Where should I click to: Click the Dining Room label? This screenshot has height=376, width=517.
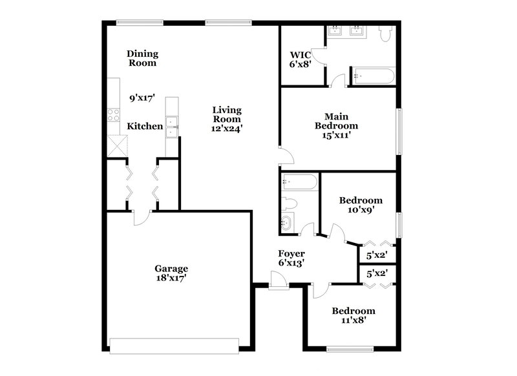(142, 58)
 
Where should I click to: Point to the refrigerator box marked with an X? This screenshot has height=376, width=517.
(117, 145)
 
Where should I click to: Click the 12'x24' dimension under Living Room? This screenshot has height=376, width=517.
(227, 128)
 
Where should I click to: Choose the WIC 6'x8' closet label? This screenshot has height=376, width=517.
(300, 59)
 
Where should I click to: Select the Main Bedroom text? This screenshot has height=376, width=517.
(336, 121)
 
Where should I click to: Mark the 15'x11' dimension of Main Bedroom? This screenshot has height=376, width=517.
(336, 135)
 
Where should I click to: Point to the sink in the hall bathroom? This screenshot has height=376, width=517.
(287, 224)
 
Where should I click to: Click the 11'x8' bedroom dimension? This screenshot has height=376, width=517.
(353, 320)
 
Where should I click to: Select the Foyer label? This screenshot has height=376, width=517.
(291, 253)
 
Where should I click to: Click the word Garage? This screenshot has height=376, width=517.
(171, 268)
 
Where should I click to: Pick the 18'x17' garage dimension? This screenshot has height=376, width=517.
(171, 278)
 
